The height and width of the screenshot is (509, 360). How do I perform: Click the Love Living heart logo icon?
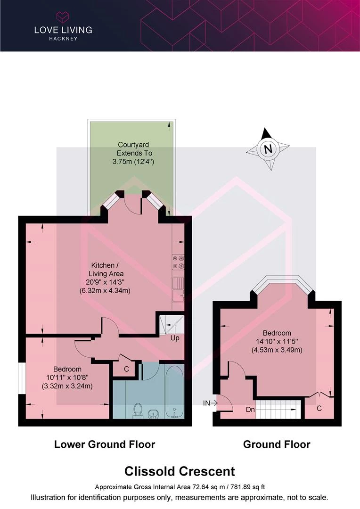click(63, 18)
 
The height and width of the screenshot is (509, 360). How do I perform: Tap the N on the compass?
click(268, 150)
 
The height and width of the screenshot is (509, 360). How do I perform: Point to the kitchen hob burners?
click(179, 262)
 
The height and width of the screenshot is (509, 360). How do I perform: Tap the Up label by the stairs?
click(174, 338)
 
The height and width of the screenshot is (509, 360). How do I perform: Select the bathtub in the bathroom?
click(174, 390)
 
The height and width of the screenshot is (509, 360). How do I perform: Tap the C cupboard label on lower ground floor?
click(126, 369)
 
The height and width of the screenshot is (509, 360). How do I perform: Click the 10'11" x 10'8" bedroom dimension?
click(67, 378)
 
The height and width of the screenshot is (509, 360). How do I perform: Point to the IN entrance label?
click(206, 403)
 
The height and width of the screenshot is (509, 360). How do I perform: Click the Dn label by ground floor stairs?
click(250, 410)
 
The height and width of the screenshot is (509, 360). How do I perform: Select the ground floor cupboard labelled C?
click(319, 408)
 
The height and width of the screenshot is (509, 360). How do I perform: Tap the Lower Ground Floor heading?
click(105, 444)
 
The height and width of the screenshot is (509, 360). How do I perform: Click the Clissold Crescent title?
click(180, 471)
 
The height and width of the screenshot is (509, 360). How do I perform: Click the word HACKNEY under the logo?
click(63, 38)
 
